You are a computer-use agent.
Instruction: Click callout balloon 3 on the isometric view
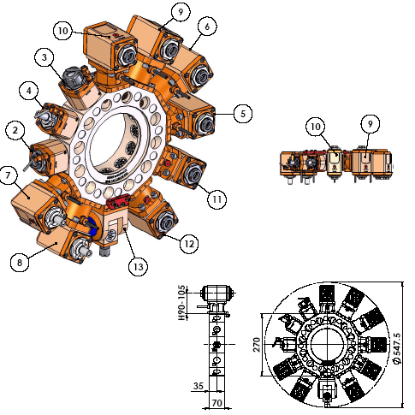click(44, 57)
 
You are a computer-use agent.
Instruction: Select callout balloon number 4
click(29, 91)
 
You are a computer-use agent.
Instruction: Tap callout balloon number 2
click(15, 130)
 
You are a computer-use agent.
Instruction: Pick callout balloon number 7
click(8, 175)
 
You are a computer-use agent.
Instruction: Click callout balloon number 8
click(20, 262)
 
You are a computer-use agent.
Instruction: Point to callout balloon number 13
click(138, 267)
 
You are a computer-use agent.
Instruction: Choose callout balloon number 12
click(189, 244)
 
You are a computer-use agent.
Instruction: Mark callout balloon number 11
click(216, 199)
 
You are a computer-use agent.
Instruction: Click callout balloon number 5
click(243, 114)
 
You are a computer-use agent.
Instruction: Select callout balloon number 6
click(207, 27)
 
